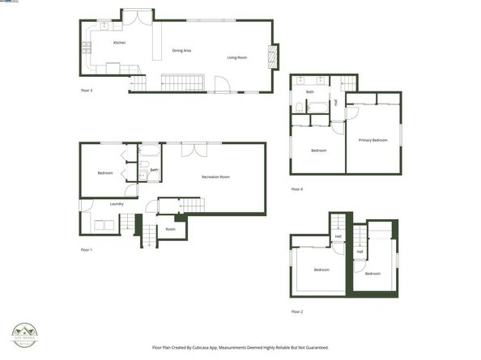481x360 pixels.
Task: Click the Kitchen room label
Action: pos(119,42)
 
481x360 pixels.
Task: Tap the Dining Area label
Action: pos(181,51)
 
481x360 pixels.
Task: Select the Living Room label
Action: pos(236,57)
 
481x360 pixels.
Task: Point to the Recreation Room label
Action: pos(215,176)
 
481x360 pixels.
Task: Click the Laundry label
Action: pos(117,204)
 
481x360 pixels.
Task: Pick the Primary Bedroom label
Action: pos(373,140)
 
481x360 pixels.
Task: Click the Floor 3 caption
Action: pos(87,91)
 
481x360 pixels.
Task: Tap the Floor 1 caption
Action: pos(87,249)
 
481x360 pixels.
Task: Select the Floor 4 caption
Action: pos(297,189)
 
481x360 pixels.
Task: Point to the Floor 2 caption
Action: pos(297,311)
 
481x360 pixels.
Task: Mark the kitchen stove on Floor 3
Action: pos(87,49)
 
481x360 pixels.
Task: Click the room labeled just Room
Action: pos(170,229)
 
